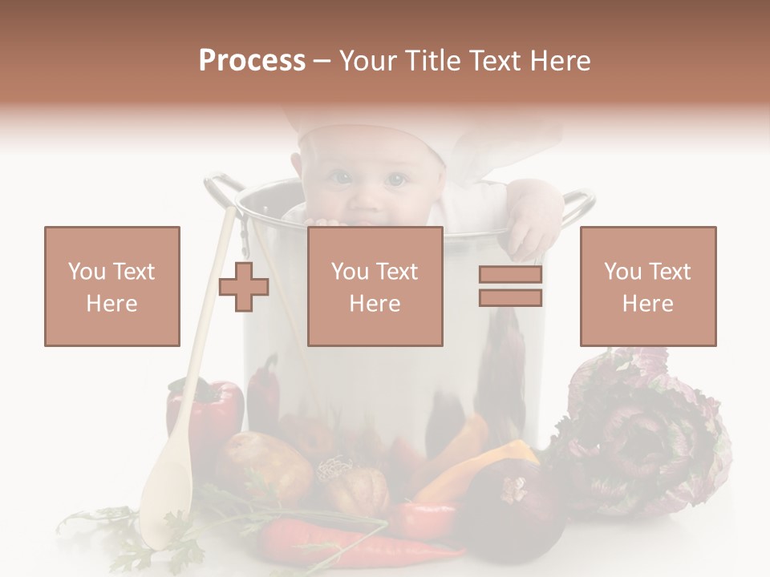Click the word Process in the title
click(x=252, y=61)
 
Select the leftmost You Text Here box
click(x=112, y=286)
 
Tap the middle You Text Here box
click(x=375, y=286)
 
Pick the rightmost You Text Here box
click(x=647, y=286)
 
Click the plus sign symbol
click(x=244, y=286)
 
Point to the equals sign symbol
click(x=510, y=286)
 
